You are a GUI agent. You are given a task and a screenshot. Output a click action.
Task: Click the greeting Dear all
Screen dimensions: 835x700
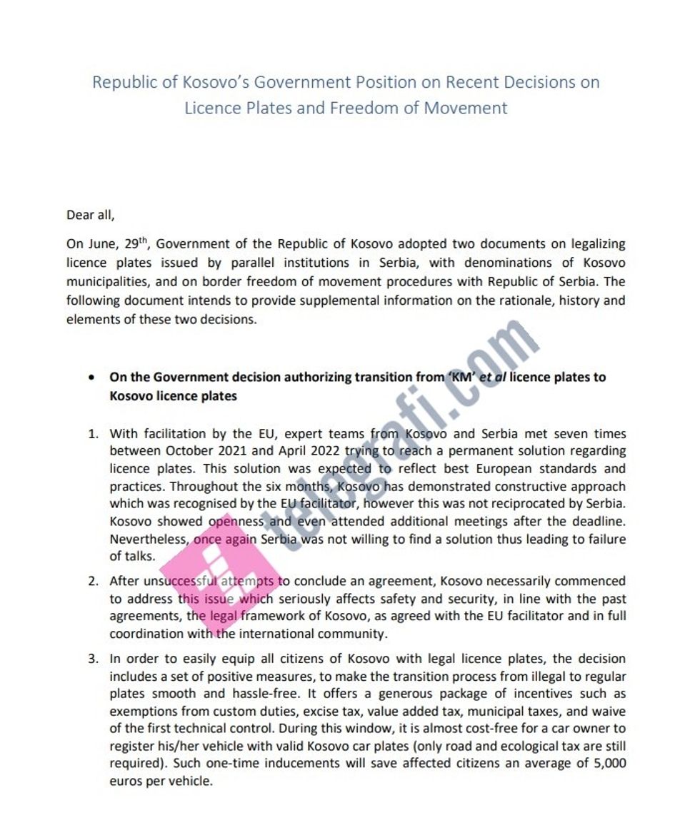[90, 214]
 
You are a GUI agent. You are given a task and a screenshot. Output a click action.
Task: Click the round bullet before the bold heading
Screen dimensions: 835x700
[91, 377]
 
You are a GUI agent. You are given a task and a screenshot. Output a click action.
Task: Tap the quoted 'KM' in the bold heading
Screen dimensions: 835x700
[461, 377]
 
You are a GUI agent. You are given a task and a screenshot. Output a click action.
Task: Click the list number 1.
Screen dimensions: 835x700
[93, 433]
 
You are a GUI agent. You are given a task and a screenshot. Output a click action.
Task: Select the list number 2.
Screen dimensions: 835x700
[93, 581]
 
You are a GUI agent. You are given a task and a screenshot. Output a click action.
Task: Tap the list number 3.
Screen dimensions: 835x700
[93, 658]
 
